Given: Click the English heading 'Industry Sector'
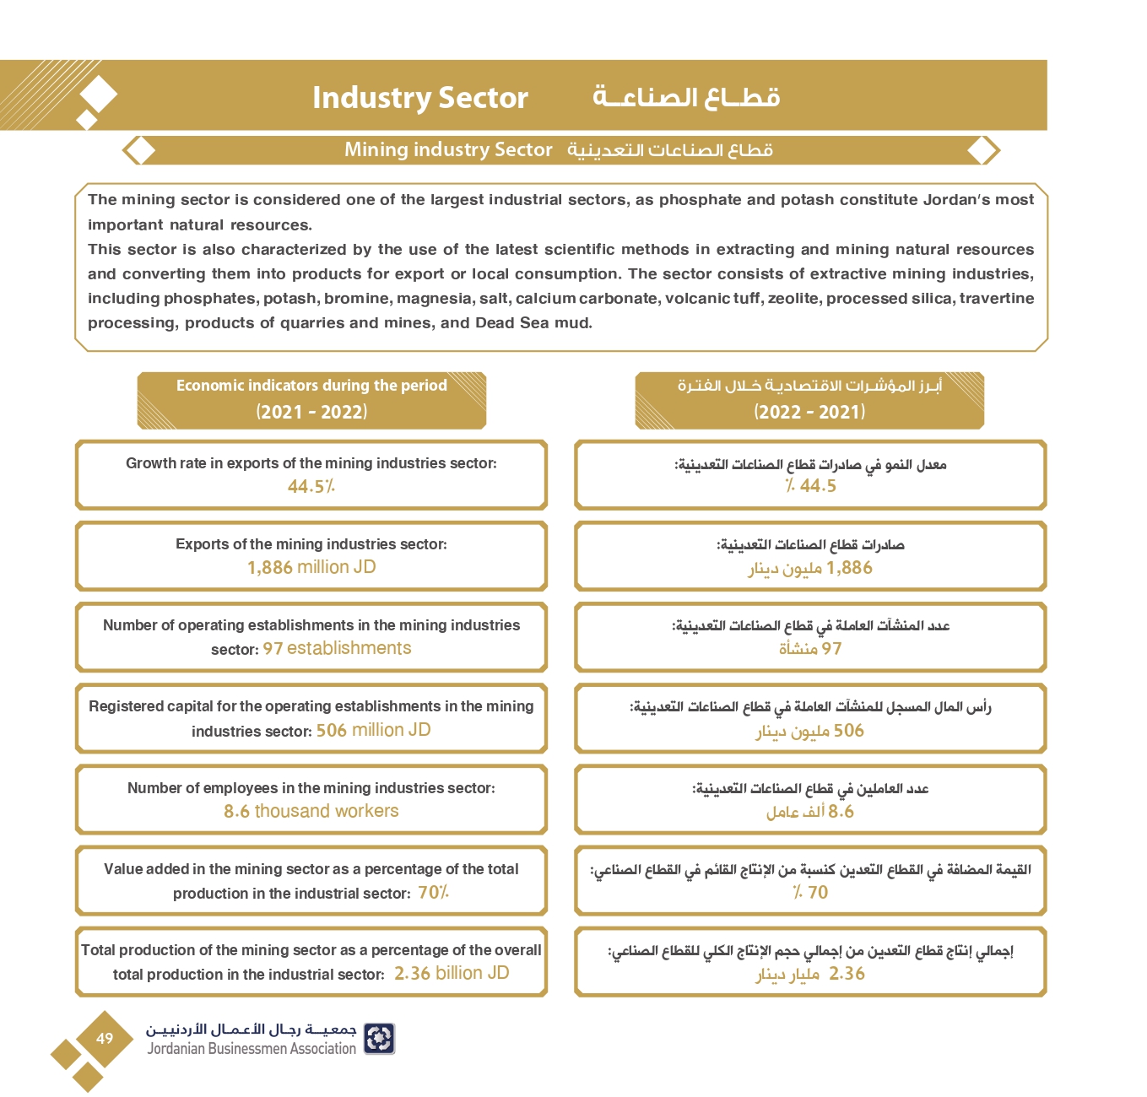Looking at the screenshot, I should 419,98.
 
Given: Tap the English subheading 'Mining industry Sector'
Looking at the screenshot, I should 447,150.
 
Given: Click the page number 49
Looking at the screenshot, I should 105,1039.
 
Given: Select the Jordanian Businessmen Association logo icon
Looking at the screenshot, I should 379,1039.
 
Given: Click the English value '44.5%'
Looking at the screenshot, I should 311,486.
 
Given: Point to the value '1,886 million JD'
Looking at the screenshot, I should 311,567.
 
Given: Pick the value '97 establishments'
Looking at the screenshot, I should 337,648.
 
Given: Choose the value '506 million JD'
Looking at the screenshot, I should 373,730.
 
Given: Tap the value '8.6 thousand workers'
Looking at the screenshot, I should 311,811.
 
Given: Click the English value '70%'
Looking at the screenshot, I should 433,892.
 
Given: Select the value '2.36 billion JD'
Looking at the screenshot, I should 452,973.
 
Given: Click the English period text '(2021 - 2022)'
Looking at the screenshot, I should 311,412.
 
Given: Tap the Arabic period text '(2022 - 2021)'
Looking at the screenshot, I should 809,412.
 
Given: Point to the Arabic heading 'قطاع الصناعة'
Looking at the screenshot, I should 686,98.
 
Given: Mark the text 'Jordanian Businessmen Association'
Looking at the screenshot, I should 252,1049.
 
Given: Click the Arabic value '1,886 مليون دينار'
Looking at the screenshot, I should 809,568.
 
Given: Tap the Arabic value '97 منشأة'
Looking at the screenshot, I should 809,649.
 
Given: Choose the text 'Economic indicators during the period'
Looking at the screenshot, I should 311,386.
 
